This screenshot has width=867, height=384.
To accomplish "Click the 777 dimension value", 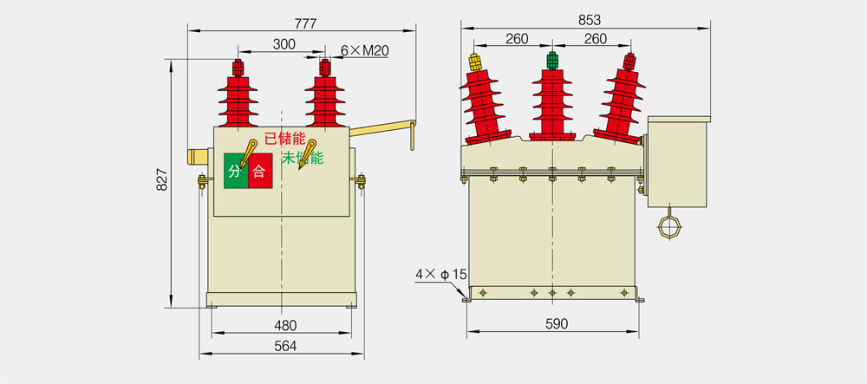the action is tap(305, 23).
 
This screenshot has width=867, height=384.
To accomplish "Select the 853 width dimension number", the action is tap(590, 20).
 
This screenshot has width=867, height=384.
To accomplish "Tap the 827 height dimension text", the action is tap(162, 181).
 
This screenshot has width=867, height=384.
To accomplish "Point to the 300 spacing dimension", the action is tap(284, 45).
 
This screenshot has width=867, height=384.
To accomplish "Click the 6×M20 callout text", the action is tap(364, 51).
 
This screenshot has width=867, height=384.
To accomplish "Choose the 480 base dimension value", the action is tap(285, 325).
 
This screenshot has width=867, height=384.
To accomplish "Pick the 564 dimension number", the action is tap(285, 346).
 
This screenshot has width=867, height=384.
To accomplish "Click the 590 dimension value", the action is tap(557, 324).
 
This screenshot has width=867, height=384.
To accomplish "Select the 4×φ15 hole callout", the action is tap(441, 274).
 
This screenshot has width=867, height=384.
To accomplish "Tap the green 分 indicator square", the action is tap(236, 171).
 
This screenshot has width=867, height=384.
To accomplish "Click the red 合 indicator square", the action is tap(260, 171).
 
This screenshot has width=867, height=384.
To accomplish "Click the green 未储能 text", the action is tap(303, 158).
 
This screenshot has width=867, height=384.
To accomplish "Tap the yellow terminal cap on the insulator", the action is tap(474, 62).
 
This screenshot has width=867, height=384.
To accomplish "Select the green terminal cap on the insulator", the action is tap(551, 60).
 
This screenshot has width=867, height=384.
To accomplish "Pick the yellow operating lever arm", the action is tap(382, 129).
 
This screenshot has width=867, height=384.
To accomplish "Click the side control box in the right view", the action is tap(677, 161).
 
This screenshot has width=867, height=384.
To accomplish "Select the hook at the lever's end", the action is tap(413, 135).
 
